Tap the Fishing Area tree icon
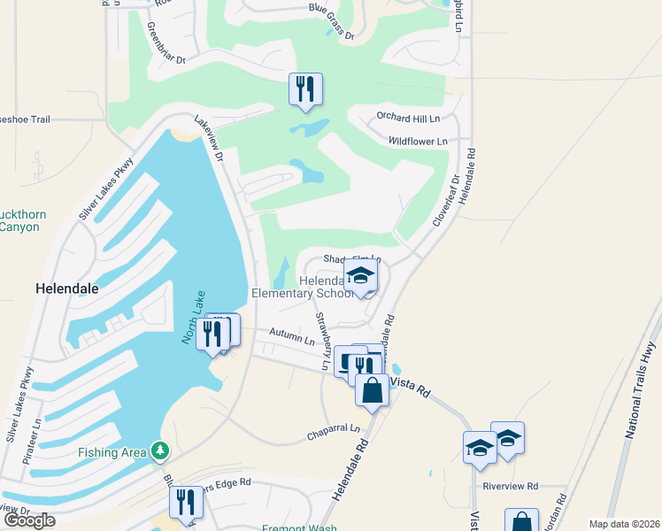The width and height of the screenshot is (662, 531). tap(159, 451)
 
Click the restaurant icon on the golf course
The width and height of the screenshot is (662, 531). tap(305, 88)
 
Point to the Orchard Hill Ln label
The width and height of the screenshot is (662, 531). tap(408, 118)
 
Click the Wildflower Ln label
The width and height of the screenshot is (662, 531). tap(418, 141)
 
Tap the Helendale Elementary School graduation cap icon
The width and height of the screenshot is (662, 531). tap(361, 277)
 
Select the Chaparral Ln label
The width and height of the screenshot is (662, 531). tap(335, 431)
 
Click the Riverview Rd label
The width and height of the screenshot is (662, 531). tap(511, 486)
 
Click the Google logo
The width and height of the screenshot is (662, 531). tap(29, 519)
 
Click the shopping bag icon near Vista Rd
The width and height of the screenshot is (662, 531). tap(372, 389)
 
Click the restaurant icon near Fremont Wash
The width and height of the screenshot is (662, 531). tap(186, 502)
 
